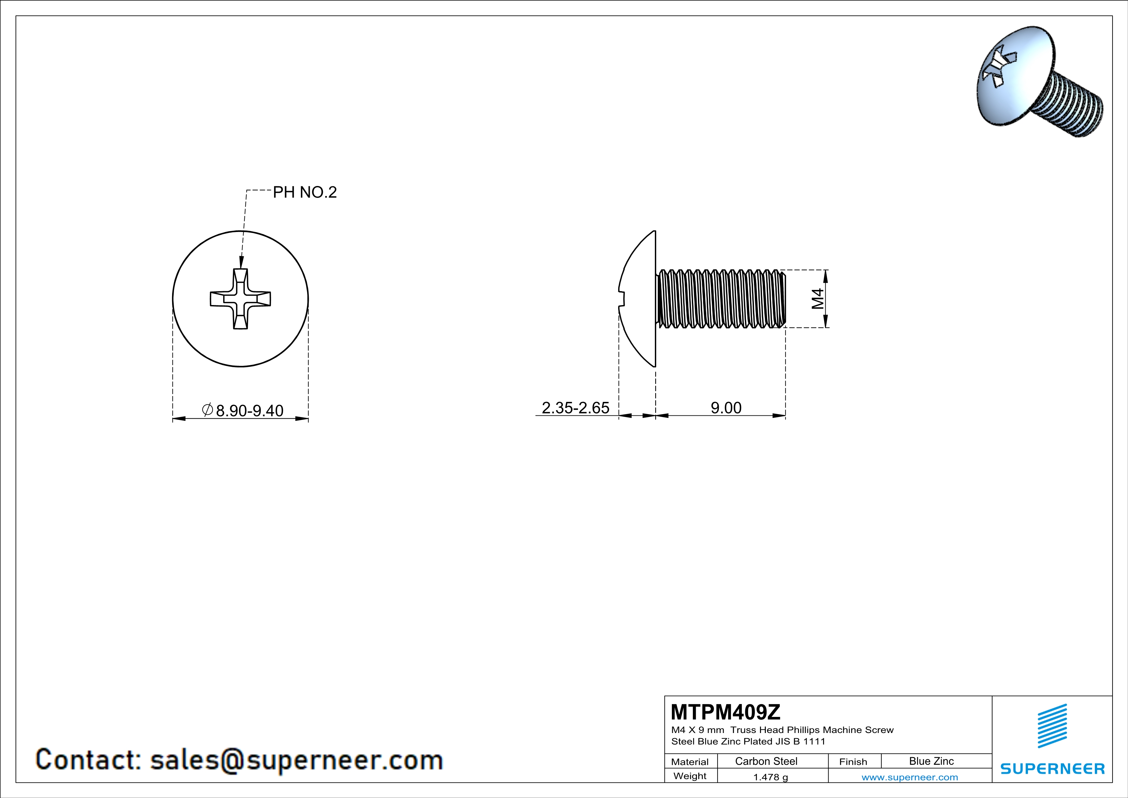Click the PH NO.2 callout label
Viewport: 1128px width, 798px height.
[305, 192]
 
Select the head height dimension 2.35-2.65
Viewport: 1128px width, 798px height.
[575, 408]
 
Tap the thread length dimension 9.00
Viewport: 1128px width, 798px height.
[726, 408]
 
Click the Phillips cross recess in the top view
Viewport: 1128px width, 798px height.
[240, 299]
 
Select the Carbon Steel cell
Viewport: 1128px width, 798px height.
[766, 761]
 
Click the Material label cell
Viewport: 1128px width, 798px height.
[690, 762]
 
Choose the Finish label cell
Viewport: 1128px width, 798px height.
[853, 762]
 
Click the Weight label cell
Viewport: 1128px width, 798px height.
[690, 776]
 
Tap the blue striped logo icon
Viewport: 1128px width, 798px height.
[1052, 726]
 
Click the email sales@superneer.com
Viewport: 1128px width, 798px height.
[296, 760]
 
